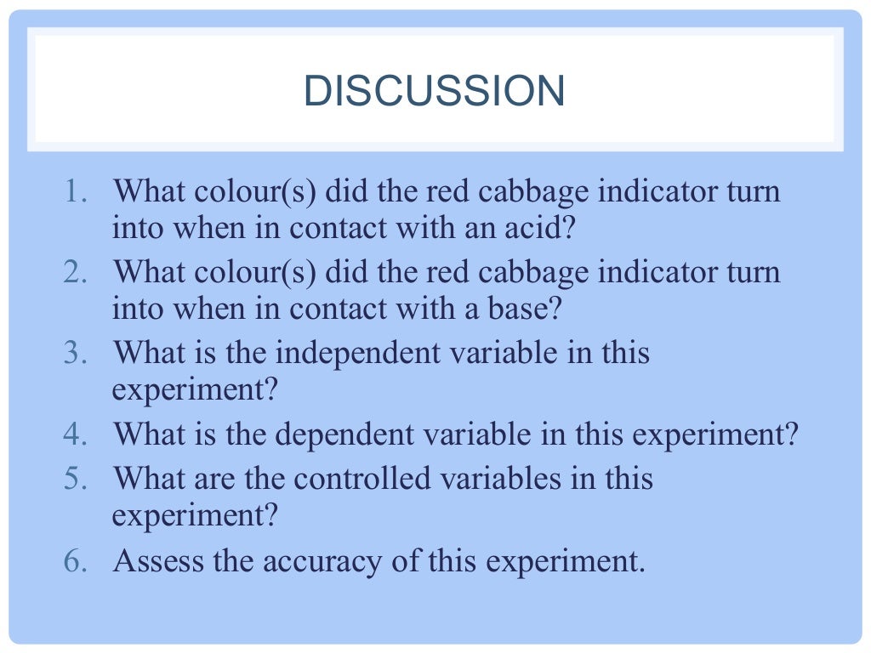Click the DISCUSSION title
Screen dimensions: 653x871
click(x=434, y=92)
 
